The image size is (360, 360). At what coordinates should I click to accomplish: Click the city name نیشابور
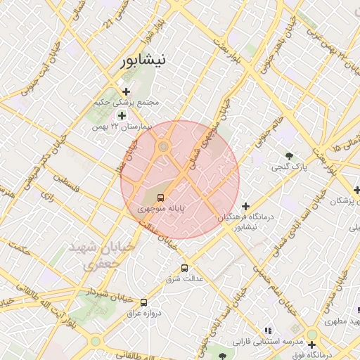144,60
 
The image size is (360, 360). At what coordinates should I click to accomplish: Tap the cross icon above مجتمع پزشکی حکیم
127,91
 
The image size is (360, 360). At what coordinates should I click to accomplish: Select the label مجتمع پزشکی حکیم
127,103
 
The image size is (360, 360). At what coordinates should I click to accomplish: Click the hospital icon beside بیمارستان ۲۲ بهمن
122,115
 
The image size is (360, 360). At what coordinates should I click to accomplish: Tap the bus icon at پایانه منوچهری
161,198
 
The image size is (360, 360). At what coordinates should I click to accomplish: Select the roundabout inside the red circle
164,146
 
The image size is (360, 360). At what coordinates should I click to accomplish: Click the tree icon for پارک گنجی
289,155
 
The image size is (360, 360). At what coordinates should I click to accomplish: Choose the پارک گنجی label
289,167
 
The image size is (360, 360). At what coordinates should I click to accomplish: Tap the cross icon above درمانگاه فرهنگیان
245,206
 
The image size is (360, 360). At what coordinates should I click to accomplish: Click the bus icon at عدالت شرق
185,267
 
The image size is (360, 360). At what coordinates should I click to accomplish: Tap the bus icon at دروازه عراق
144,300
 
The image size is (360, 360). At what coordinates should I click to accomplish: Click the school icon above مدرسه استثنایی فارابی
267,330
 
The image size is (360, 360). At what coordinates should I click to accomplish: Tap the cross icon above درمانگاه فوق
311,345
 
